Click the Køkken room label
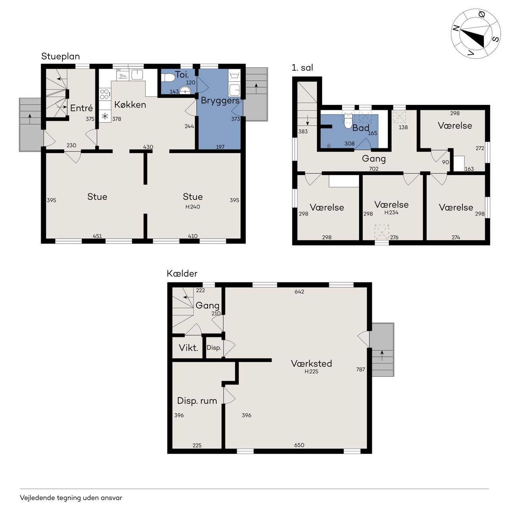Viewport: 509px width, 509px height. (x=130, y=105)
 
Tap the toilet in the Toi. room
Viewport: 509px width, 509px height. (x=168, y=78)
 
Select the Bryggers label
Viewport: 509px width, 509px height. (x=220, y=101)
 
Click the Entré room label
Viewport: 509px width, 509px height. (x=82, y=108)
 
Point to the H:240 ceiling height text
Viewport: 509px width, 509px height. (x=192, y=207)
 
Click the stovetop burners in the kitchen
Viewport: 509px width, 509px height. (x=105, y=94)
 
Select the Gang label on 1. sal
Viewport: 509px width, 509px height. (x=374, y=159)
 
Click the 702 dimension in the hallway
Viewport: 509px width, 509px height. (x=374, y=169)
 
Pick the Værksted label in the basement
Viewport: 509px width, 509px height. (x=311, y=363)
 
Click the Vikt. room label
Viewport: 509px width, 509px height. (x=188, y=348)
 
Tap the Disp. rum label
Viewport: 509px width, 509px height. (x=197, y=401)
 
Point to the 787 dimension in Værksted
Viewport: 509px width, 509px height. (x=361, y=369)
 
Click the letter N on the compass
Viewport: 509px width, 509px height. (x=456, y=28)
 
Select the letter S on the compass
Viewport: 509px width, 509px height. (x=496, y=39)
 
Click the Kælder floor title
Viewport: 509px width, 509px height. (x=182, y=273)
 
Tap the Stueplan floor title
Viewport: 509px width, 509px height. (x=60, y=56)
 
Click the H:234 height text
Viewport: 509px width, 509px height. (x=391, y=213)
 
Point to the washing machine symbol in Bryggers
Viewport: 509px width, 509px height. (x=234, y=76)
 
